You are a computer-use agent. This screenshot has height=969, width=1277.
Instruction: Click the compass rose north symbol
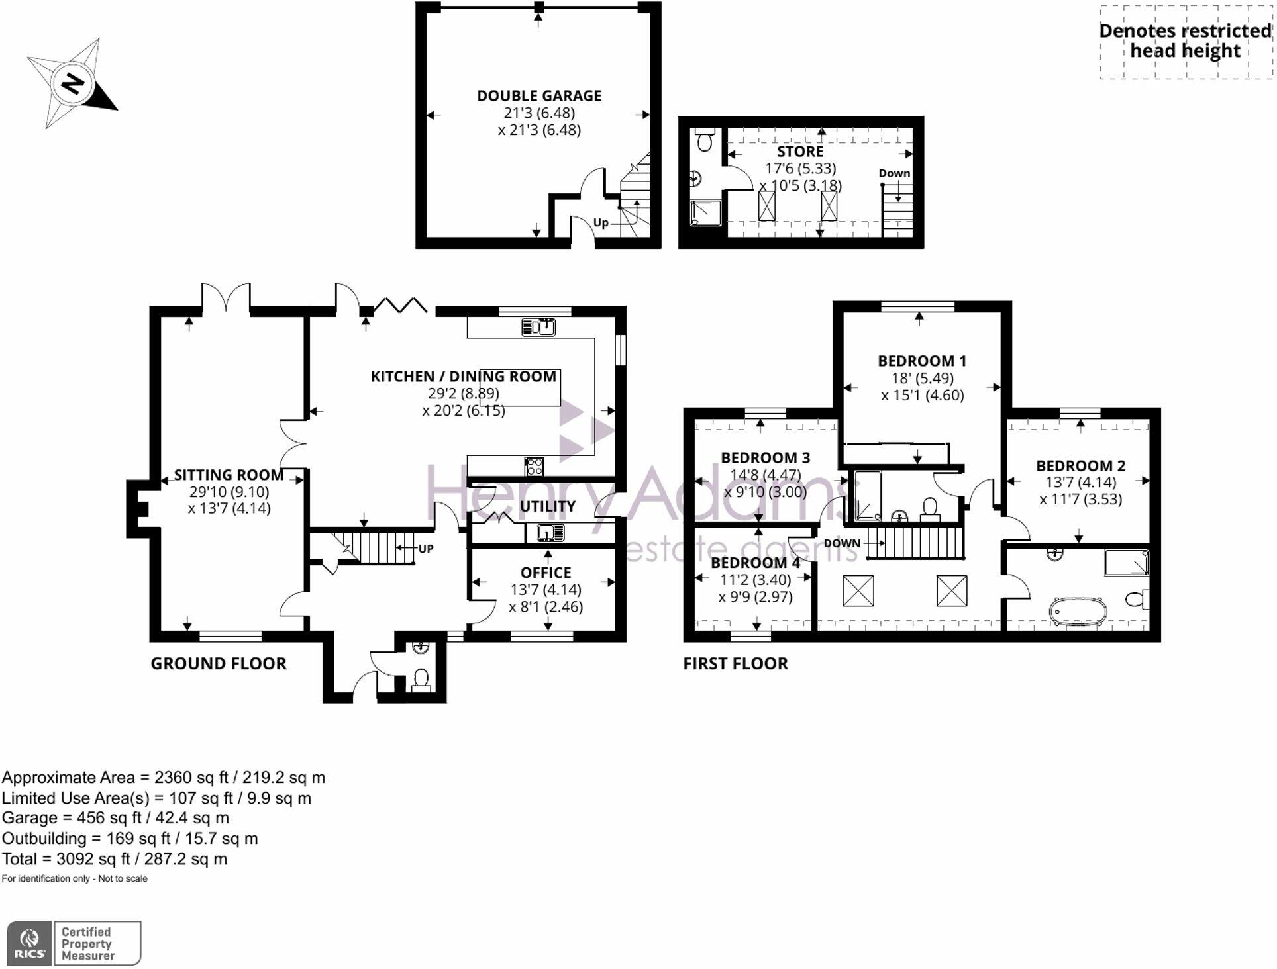coord(72,84)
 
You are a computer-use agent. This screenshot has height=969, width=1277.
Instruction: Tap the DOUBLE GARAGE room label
coord(539,96)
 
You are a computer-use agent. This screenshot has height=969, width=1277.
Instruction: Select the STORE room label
coord(800,152)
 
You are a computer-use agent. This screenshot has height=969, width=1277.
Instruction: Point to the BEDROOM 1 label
coord(921,361)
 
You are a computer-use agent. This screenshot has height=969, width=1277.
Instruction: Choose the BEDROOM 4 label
coord(755,563)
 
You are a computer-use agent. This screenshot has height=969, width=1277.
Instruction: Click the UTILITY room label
coord(547,506)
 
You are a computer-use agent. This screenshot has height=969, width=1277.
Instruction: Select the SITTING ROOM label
coord(229,475)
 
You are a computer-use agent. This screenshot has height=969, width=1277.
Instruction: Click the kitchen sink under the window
coord(538,327)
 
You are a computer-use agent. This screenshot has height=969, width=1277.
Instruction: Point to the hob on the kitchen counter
coord(534,467)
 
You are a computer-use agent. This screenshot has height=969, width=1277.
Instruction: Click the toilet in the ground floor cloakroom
coord(421,679)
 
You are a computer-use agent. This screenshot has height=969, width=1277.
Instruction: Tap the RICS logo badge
coord(29,943)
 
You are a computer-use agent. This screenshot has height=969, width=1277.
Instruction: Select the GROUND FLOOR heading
coord(219,664)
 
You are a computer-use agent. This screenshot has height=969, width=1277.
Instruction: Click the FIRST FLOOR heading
coord(735,664)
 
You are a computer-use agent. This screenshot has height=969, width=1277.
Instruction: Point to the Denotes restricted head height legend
coord(1185,41)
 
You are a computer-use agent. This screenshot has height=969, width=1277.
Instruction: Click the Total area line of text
coord(115,860)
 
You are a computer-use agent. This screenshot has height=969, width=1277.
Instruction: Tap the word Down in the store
coord(894,173)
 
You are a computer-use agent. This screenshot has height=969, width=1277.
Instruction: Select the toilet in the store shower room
coord(704,141)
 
